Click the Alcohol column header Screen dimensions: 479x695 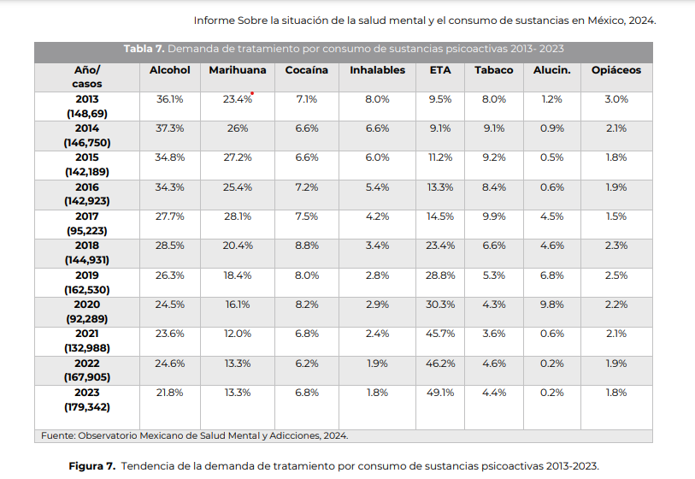169,70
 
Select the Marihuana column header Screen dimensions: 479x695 237,70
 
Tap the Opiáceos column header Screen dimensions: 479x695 615,70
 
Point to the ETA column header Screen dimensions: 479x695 440,70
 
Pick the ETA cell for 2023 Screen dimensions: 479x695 440,393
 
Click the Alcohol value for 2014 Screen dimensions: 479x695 169,128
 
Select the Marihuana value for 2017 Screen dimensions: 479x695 237,216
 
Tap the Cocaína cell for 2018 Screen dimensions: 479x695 306,245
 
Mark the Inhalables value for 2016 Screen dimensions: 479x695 377,187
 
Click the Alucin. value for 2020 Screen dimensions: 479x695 552,305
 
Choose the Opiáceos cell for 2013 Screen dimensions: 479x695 615,99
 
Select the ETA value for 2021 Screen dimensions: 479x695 440,334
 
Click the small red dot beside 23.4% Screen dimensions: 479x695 253,94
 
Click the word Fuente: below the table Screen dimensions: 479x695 58,435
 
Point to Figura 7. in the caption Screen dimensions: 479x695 91,466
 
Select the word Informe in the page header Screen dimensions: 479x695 214,20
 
